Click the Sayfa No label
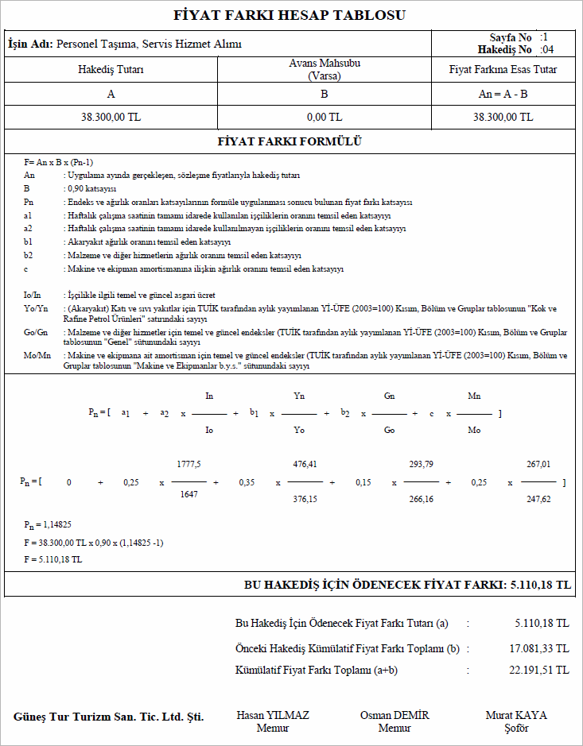click(x=511, y=37)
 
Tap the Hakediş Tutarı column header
click(x=111, y=70)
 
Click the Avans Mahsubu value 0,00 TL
click(x=324, y=117)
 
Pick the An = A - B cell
click(x=503, y=94)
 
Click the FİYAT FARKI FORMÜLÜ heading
click(x=290, y=141)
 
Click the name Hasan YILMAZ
click(x=273, y=715)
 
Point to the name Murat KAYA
click(x=516, y=715)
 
